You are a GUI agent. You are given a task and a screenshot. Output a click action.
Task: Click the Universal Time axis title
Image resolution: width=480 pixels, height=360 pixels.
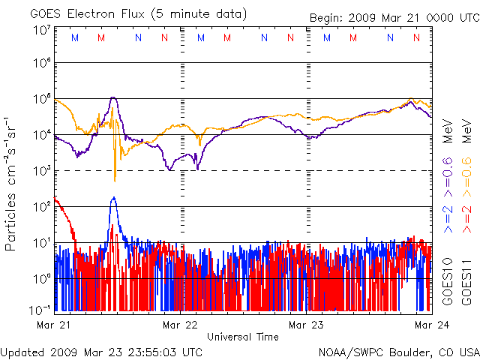(243, 337)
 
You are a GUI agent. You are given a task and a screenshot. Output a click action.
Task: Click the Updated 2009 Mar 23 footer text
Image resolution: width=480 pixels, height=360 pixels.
(101, 352)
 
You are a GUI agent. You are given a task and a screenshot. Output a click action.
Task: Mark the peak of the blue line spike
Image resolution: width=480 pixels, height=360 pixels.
(113, 197)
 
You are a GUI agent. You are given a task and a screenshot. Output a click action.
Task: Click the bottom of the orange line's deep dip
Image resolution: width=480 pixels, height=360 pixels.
(115, 181)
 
